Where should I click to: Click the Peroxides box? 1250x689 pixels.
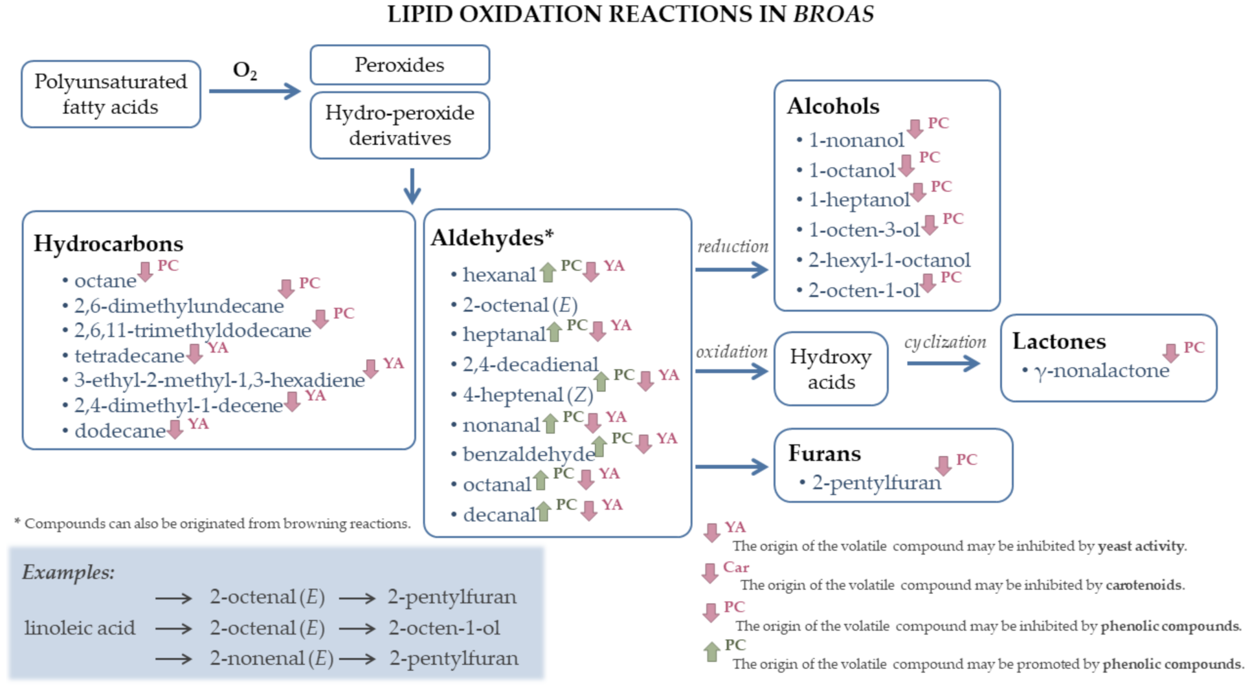click(x=399, y=65)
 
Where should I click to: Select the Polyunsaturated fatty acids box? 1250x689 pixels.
click(x=111, y=94)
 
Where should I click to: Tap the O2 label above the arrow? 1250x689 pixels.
click(x=245, y=71)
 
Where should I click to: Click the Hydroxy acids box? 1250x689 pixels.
click(x=831, y=369)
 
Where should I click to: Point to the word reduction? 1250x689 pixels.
click(x=733, y=247)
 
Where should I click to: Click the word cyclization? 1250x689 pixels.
click(x=945, y=343)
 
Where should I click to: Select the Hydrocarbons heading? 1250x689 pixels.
click(x=109, y=244)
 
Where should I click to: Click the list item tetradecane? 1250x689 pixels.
click(x=129, y=356)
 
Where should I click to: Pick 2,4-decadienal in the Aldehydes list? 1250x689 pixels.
click(x=530, y=364)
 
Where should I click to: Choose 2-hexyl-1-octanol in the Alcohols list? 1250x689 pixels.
click(x=889, y=261)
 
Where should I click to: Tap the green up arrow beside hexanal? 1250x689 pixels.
click(x=548, y=272)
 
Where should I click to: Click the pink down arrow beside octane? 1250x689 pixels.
click(x=145, y=272)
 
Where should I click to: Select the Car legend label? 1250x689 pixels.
click(x=736, y=567)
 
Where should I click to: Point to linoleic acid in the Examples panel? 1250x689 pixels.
click(x=80, y=628)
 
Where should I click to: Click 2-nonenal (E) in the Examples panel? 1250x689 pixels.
click(x=271, y=658)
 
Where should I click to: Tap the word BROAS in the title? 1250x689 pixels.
click(x=833, y=14)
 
